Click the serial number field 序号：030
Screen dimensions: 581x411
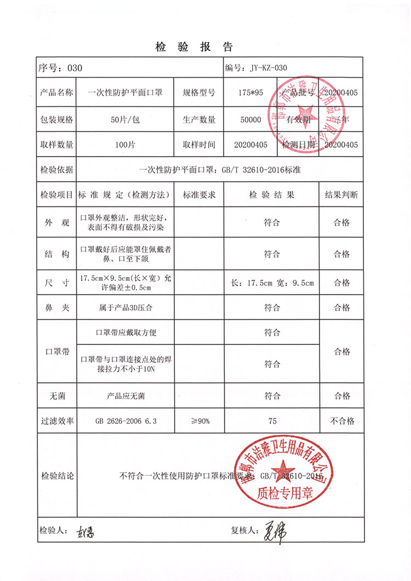60,68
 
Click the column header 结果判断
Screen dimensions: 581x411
341,194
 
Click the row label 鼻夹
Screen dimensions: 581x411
57,307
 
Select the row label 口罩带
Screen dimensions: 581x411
57,352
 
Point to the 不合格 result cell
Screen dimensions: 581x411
341,421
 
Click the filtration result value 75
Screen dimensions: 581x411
272,421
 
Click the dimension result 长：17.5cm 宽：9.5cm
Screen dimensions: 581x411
272,283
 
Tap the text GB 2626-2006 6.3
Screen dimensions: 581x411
126,421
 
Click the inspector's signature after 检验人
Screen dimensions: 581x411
85,531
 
